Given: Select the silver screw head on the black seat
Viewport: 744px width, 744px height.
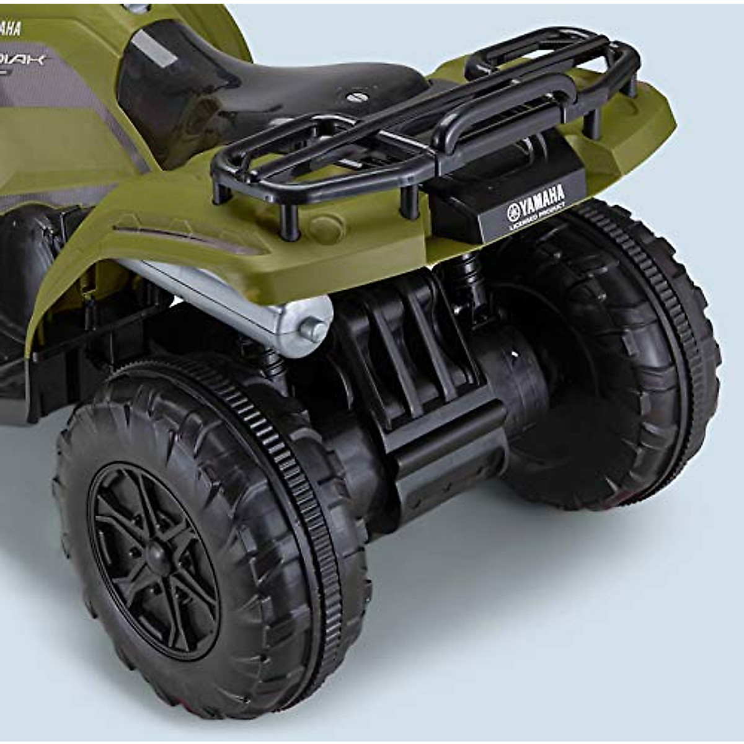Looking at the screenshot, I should coord(355,97).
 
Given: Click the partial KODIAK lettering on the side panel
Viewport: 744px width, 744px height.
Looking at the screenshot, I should coord(25,60).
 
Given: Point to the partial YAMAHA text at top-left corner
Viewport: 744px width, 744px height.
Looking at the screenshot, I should coord(9,28).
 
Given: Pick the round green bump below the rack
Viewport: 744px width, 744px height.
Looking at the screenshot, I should coord(325,226).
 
